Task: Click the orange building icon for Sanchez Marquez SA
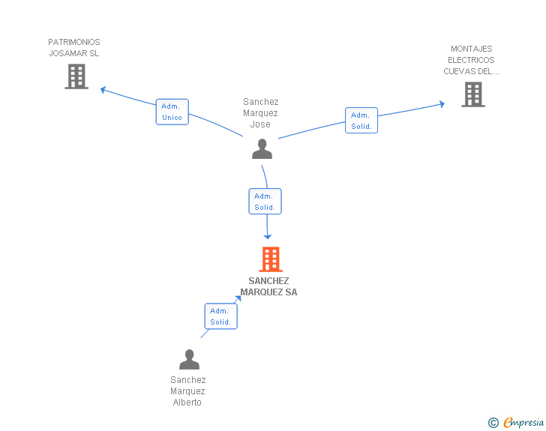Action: point(271,259)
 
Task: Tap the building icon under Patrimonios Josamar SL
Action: point(76,76)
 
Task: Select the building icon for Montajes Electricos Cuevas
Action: point(473,94)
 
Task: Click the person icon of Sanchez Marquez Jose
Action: point(262,148)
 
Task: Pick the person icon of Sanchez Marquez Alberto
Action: point(189,359)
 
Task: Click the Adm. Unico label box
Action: point(172,112)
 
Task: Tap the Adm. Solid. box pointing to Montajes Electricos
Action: point(361,121)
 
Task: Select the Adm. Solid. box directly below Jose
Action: point(265,201)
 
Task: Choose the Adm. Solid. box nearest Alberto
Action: point(220,316)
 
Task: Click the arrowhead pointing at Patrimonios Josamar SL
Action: point(103,90)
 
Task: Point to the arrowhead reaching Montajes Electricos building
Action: point(442,103)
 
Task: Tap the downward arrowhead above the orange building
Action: point(268,237)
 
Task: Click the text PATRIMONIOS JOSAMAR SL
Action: point(73,48)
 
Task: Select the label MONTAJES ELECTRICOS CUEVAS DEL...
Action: point(471,60)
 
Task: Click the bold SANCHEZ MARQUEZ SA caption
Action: point(268,286)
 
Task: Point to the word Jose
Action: point(260,124)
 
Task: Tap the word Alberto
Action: point(187,403)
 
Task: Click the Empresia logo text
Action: point(523,423)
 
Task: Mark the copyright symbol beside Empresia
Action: point(493,423)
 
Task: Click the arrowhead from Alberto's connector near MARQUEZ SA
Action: point(238,299)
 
